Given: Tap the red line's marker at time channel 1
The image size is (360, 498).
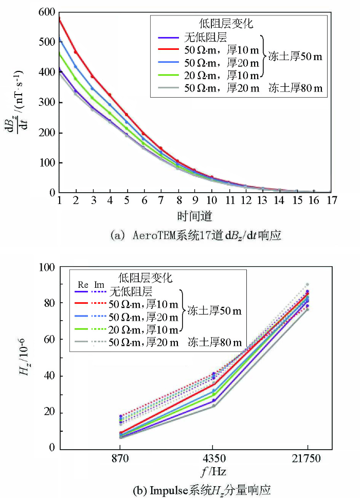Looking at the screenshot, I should pos(60,20).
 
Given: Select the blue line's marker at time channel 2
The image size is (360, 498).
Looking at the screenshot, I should pos(76,67).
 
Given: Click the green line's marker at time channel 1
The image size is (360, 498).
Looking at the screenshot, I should pos(60,53).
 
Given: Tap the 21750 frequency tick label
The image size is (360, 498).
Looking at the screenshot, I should pos(307,458).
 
